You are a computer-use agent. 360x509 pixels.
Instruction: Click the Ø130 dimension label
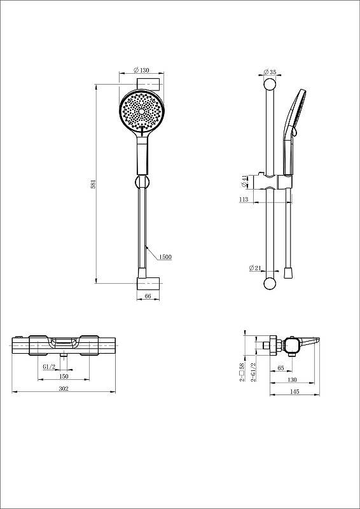(141, 70)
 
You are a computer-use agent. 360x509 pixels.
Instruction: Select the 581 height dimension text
(93, 184)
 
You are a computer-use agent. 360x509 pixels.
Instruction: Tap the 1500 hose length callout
(165, 257)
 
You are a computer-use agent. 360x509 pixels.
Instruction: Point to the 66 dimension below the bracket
(148, 296)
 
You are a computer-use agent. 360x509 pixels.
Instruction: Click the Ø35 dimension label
(270, 72)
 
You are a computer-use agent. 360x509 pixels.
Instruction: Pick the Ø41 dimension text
(244, 181)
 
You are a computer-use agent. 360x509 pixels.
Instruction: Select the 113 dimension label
(244, 199)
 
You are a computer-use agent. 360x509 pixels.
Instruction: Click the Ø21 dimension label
(255, 268)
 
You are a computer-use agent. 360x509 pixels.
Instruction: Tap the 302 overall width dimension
(64, 389)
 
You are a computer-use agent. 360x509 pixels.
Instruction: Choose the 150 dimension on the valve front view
(64, 376)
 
